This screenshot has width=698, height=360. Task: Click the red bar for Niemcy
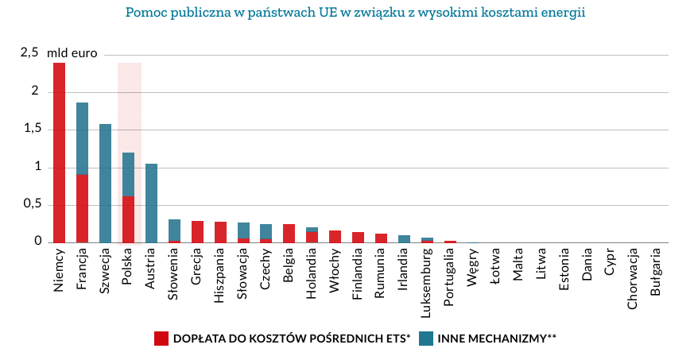point(59,153)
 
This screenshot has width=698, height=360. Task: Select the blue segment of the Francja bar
point(82,138)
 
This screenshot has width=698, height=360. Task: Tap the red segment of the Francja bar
point(82,208)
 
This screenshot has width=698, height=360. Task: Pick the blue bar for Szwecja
point(105,183)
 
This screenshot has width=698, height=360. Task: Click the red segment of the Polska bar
point(128,219)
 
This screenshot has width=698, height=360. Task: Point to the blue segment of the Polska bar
point(128,174)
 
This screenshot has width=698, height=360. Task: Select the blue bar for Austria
point(151,203)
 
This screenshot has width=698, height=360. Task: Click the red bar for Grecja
point(197,231)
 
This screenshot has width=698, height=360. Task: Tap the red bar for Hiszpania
point(220,232)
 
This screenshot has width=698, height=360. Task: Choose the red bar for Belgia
point(289,233)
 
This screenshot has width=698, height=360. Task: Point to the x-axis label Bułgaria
point(656,274)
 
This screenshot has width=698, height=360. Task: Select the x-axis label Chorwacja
point(634,279)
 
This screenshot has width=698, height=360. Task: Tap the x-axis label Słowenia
point(174,275)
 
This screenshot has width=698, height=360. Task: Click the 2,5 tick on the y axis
point(29,53)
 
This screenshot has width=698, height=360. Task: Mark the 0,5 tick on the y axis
point(29,204)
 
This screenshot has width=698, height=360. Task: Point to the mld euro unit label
point(72,54)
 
